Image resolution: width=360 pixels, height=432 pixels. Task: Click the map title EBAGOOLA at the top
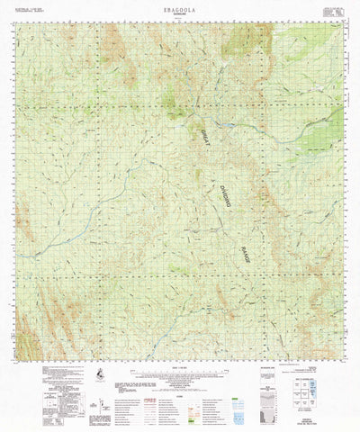(x=180, y=6)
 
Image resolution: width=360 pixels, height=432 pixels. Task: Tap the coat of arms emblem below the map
(x=97, y=372)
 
